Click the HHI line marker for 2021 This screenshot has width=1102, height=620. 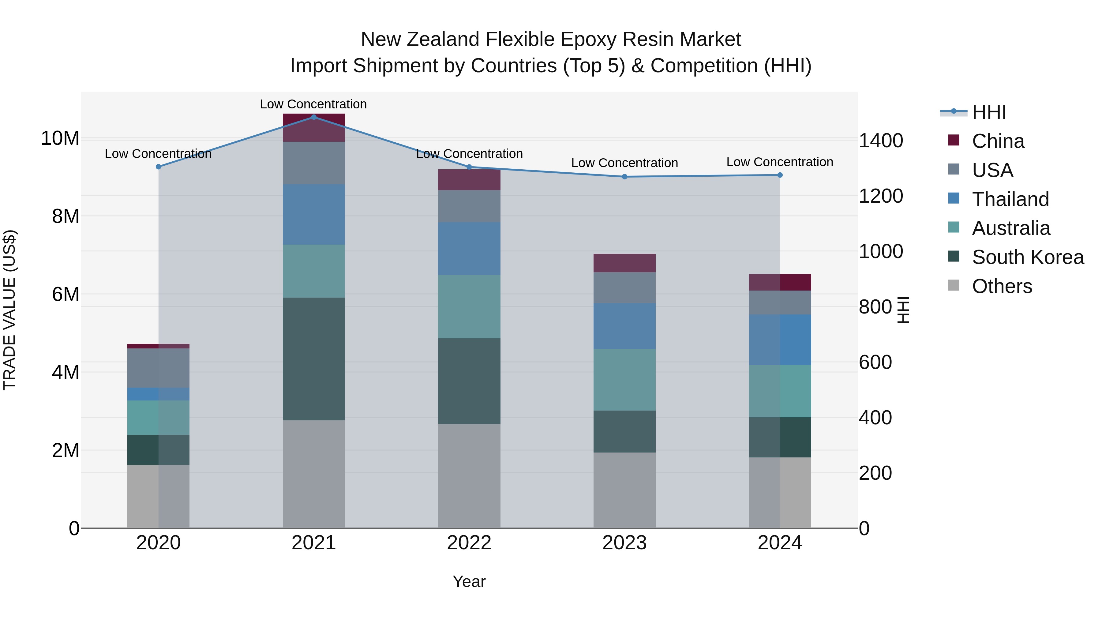(313, 117)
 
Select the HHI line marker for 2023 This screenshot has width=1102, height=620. (624, 177)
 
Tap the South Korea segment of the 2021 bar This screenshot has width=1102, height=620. (313, 359)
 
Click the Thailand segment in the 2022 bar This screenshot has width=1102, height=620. (469, 249)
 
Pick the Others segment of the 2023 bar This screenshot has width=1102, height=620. (624, 490)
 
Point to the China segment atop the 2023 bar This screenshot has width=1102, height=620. (624, 263)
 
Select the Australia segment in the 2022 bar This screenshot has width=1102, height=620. (469, 307)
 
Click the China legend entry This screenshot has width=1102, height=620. (998, 141)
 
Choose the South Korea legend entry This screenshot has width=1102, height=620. (1028, 257)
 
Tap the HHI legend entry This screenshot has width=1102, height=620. (989, 112)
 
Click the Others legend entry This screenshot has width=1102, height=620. (1002, 286)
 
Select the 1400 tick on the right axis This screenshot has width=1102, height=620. (881, 141)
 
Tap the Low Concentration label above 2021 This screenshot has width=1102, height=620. (313, 104)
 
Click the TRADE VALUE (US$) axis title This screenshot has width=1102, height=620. (9, 310)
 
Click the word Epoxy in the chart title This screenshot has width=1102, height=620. (590, 39)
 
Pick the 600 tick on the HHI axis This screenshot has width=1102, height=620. (875, 363)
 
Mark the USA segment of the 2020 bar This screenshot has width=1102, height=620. (158, 368)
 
